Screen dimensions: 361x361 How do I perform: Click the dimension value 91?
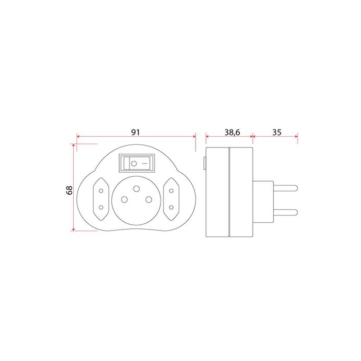pyautogui.click(x=135, y=132)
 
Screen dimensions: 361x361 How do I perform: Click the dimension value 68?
pyautogui.click(x=69, y=190)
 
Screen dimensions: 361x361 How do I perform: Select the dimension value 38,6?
pyautogui.click(x=232, y=133)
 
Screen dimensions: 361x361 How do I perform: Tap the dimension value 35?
pyautogui.click(x=277, y=132)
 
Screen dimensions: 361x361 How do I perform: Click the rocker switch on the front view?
pyautogui.click(x=137, y=163)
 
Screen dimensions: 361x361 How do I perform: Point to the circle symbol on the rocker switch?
pyautogui.click(x=134, y=163)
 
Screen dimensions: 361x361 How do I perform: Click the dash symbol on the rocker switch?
pyautogui.click(x=144, y=163)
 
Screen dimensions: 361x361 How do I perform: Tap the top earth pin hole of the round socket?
pyautogui.click(x=136, y=189)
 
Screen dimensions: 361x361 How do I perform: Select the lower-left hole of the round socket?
pyautogui.click(x=125, y=200)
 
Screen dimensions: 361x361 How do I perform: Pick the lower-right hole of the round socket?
pyautogui.click(x=149, y=200)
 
